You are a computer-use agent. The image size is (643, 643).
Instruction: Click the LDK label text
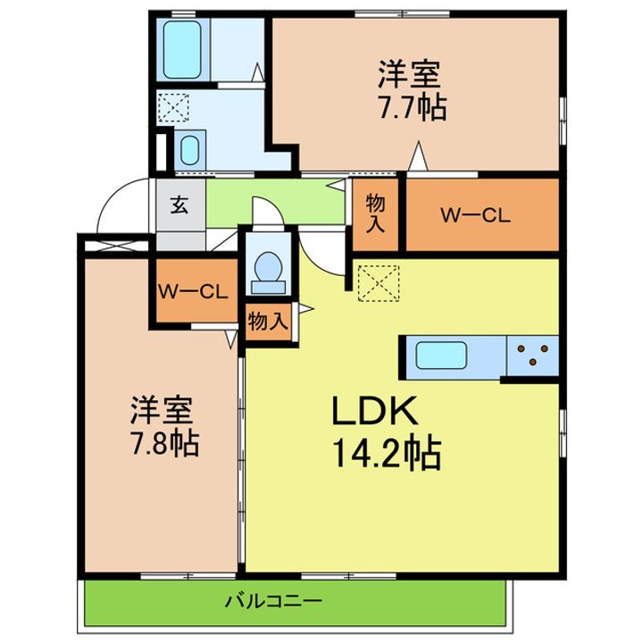375,413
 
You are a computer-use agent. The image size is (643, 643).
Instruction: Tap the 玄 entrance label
179,205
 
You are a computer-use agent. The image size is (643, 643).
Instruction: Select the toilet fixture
268,271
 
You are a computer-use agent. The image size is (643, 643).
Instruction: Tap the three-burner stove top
532,355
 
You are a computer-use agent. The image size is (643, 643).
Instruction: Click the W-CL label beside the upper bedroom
475,214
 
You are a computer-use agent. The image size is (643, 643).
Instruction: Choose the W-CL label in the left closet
195,291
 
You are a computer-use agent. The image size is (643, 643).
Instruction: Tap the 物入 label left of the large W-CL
376,214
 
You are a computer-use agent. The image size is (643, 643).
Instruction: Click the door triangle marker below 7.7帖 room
417,158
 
